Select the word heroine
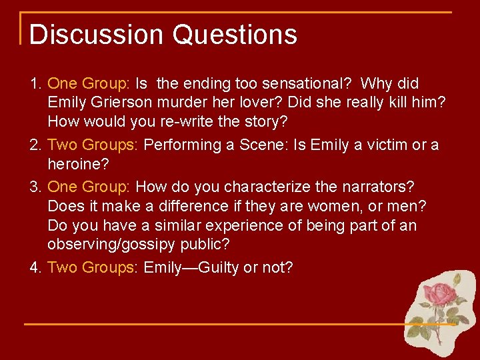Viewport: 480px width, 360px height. tap(75, 165)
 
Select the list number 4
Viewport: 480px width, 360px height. tap(36, 268)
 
